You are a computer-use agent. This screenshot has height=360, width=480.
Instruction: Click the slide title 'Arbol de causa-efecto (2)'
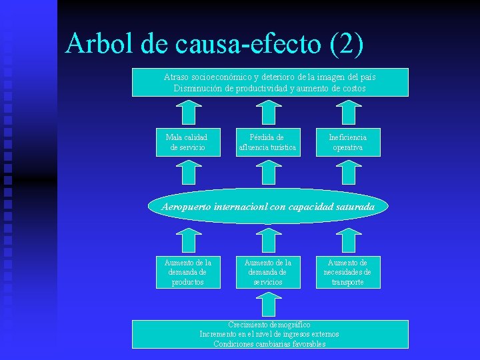click(215, 44)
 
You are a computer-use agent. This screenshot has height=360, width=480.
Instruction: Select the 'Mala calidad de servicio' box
click(188, 142)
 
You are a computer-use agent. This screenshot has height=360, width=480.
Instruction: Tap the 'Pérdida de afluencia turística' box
click(268, 142)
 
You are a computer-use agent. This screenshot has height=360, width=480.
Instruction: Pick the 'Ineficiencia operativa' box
click(348, 142)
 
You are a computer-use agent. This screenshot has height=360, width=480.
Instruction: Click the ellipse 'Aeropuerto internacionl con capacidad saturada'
click(268, 207)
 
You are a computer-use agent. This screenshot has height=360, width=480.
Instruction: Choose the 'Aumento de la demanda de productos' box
click(188, 272)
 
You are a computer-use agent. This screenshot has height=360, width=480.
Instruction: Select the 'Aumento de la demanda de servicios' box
click(268, 272)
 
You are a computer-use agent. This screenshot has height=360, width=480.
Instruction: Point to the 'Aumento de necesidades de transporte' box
click(348, 272)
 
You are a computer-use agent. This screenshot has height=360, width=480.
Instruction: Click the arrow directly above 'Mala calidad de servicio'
click(189, 111)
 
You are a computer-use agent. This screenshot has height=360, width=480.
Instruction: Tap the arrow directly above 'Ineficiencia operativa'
click(348, 111)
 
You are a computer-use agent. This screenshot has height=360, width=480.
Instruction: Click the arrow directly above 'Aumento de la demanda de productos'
click(189, 240)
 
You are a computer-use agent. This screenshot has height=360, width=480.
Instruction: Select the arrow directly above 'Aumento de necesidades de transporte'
click(348, 240)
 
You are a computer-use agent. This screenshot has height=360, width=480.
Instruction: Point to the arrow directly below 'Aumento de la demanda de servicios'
click(268, 304)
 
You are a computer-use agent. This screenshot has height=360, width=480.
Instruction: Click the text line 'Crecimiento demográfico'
click(269, 325)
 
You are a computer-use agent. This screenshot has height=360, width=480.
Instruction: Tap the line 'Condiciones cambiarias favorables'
click(269, 344)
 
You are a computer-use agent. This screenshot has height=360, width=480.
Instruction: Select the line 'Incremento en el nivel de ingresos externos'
click(269, 334)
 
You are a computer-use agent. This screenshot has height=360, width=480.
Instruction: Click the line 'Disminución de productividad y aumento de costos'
click(269, 88)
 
